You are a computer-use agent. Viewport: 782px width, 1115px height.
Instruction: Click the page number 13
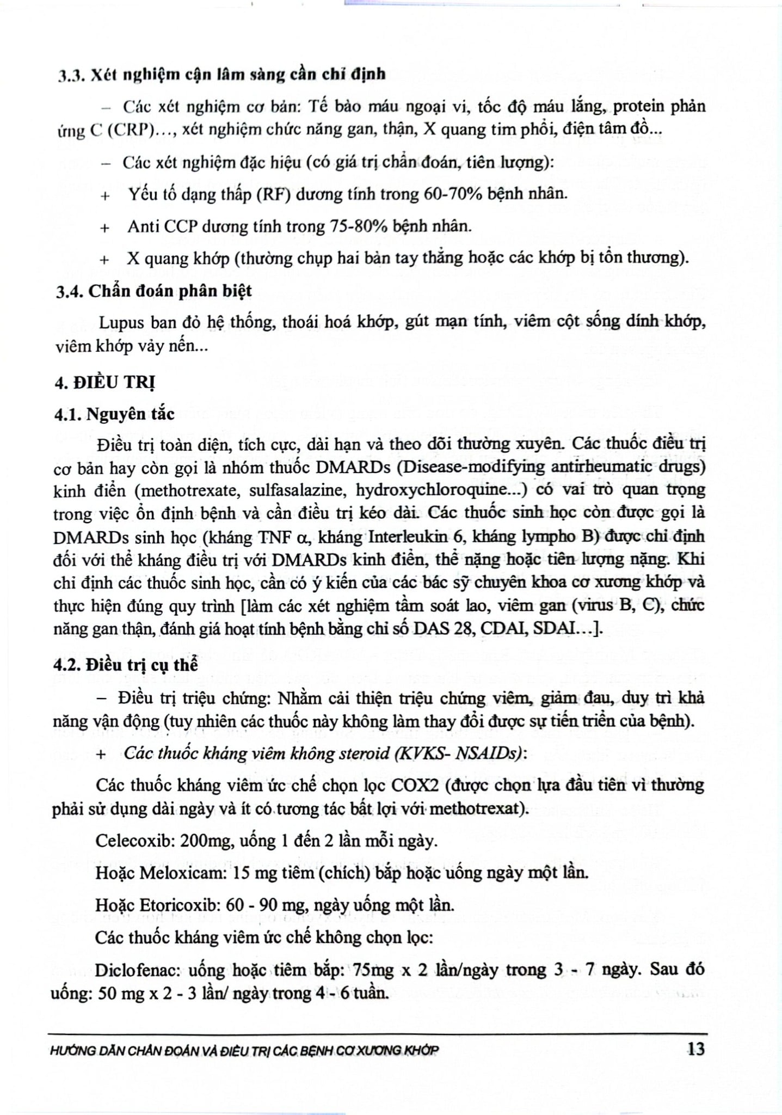695,1049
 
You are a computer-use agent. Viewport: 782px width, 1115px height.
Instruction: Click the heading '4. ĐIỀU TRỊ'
104,383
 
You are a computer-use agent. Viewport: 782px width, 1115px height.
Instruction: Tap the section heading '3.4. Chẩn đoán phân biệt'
154,291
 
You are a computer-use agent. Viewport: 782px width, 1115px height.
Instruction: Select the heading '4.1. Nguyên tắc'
115,414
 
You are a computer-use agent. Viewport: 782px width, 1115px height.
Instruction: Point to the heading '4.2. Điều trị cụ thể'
126,665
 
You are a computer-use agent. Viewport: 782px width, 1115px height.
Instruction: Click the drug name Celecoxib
131,841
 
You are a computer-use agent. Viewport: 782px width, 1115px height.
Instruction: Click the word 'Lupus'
121,323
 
